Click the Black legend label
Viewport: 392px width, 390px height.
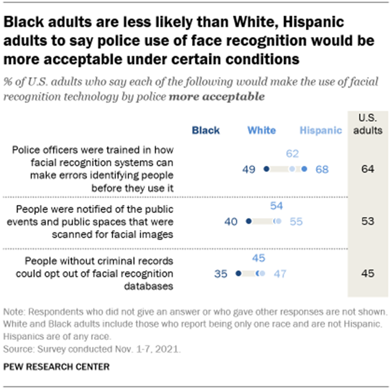(205, 130)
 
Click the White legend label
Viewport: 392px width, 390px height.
(261, 130)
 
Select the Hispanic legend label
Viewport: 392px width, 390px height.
(320, 130)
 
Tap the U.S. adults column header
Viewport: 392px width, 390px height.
(367, 124)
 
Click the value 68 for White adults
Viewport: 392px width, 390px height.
(322, 169)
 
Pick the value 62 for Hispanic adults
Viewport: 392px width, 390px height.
(292, 154)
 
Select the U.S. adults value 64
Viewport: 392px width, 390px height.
(367, 169)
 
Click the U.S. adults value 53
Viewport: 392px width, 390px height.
(367, 221)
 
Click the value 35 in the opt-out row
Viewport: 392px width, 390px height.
(222, 273)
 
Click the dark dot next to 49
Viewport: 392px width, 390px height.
(266, 169)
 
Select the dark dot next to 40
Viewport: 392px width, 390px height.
(248, 221)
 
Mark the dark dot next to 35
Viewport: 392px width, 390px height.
(238, 273)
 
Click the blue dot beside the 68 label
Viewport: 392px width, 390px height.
(305, 169)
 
